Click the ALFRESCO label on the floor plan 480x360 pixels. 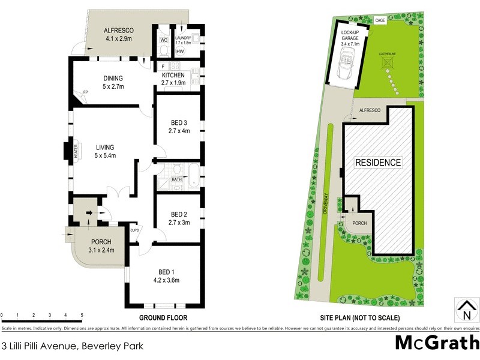click(118, 31)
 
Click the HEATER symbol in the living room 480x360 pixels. click(76, 151)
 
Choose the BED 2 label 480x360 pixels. click(179, 215)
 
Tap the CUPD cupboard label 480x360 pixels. click(135, 230)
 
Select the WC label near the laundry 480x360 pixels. click(163, 41)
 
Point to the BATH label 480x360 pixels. click(176, 179)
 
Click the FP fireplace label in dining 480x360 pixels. click(85, 92)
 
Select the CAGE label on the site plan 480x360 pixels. click(380, 20)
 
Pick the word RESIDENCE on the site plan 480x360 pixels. click(378, 163)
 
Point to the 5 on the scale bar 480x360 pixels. click(82, 314)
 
